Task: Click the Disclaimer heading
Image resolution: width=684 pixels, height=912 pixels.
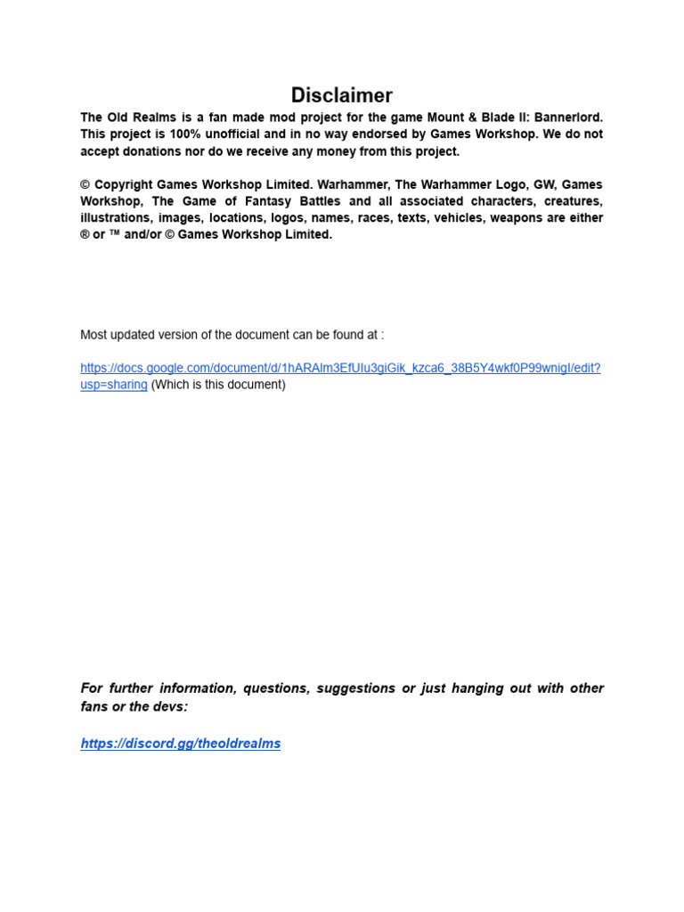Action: pos(342,95)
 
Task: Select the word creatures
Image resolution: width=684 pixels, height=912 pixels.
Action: pos(571,201)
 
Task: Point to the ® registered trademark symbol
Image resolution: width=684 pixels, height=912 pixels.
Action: pos(85,235)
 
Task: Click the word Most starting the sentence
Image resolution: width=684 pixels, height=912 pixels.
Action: pos(94,335)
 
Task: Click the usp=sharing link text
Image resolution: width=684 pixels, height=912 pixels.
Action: pos(113,385)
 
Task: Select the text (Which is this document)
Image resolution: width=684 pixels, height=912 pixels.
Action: pos(218,385)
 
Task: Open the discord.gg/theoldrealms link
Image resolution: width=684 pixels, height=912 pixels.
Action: pos(180,744)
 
